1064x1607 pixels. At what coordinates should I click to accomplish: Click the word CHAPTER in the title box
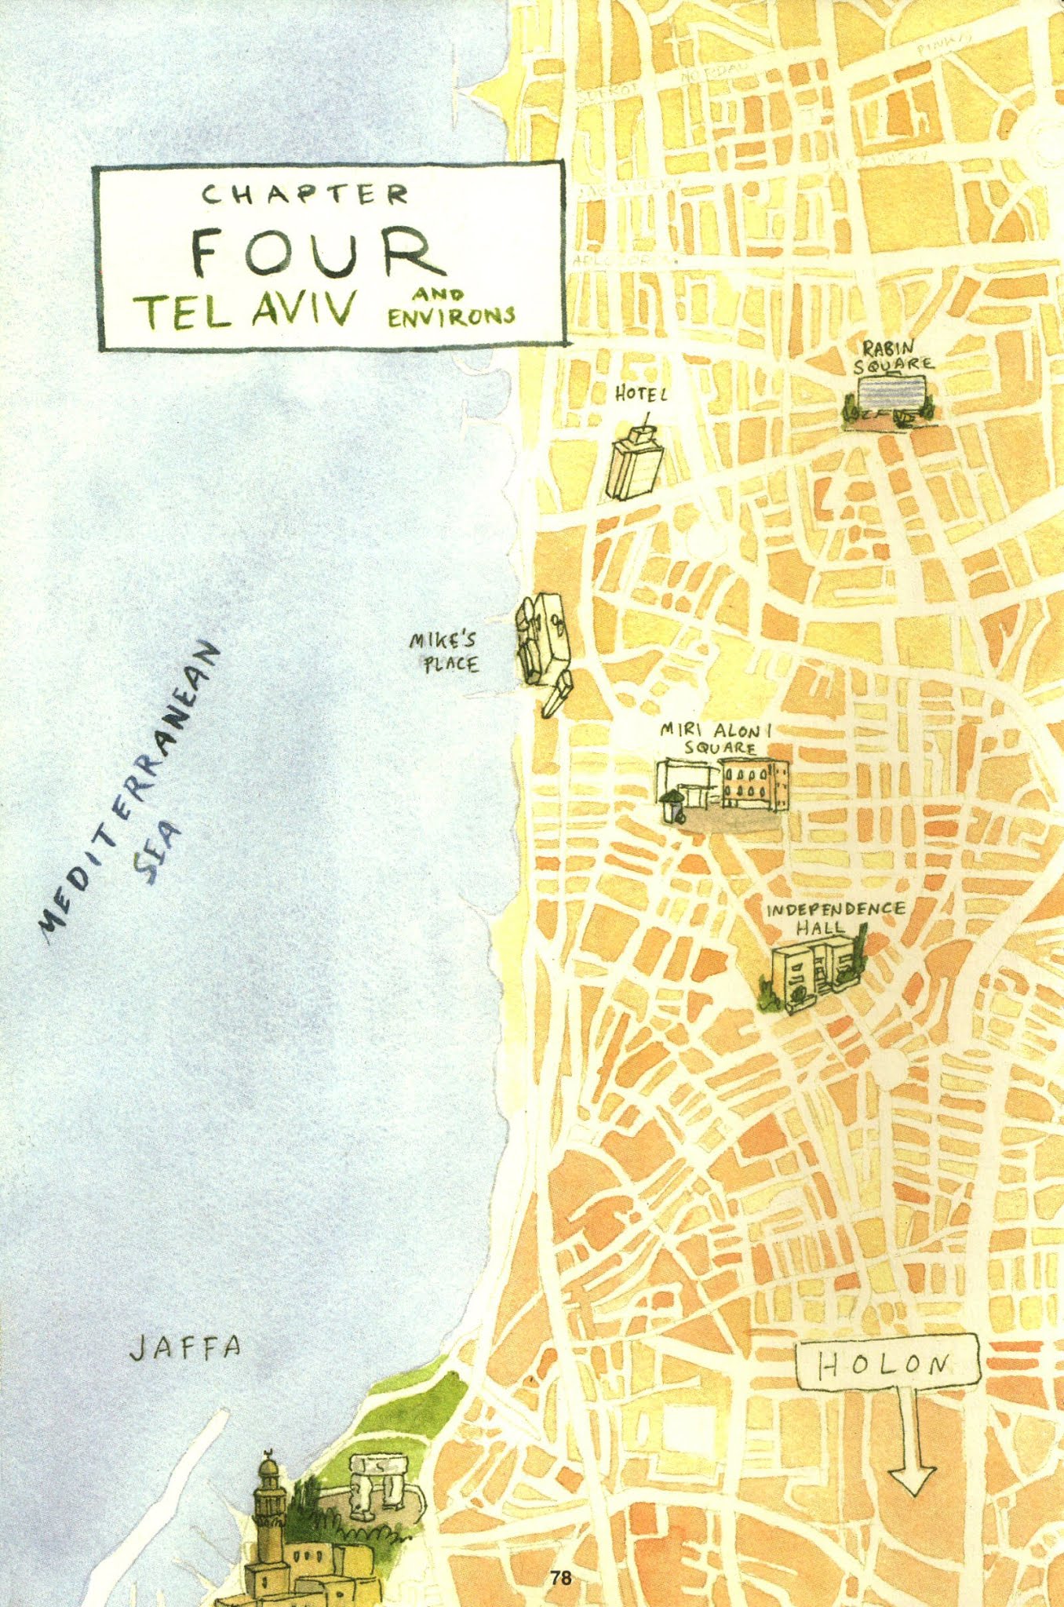point(306,194)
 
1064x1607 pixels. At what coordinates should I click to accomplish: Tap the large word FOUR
point(311,253)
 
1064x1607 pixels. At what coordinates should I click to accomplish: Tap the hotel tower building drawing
point(635,463)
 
